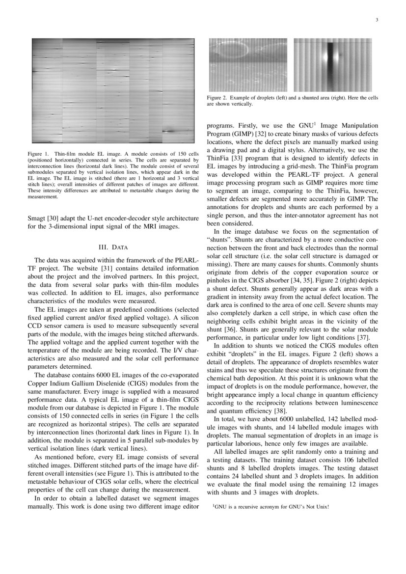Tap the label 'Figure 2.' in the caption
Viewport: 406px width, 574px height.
click(x=217, y=98)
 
